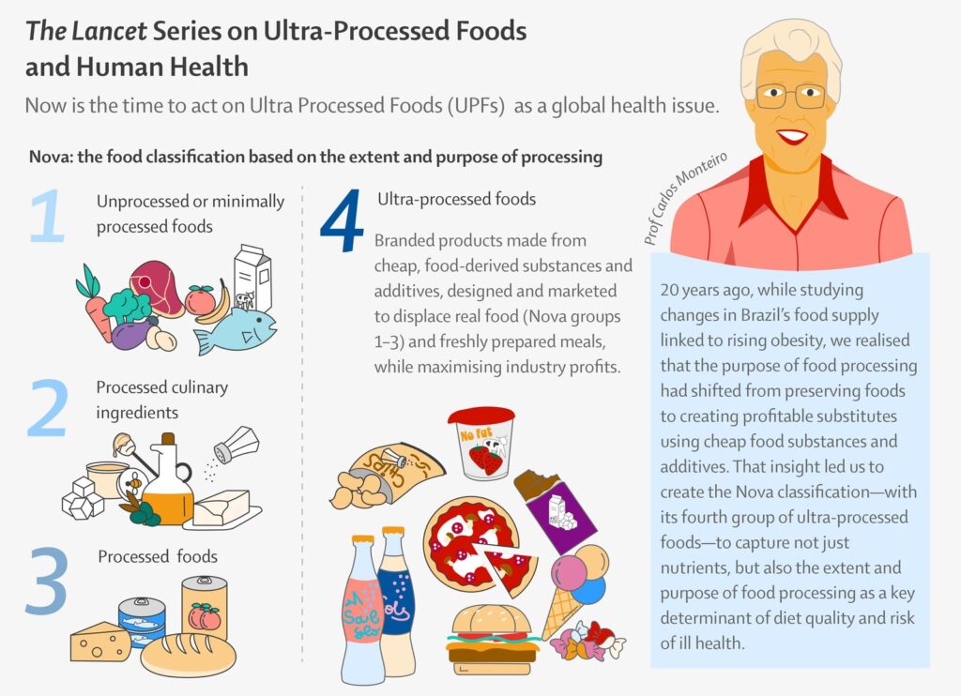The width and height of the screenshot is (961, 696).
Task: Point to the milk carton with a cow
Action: [252, 279]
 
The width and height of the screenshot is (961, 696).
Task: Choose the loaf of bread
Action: [188, 653]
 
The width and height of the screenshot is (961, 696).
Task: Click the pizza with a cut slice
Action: [471, 544]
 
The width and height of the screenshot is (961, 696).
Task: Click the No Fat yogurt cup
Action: [480, 444]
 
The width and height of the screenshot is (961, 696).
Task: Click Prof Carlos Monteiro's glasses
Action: [790, 96]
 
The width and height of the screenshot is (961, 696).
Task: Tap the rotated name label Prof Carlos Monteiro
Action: [692, 197]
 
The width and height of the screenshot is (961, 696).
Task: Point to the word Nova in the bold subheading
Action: [48, 157]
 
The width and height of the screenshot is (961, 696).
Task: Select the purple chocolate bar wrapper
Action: [560, 510]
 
